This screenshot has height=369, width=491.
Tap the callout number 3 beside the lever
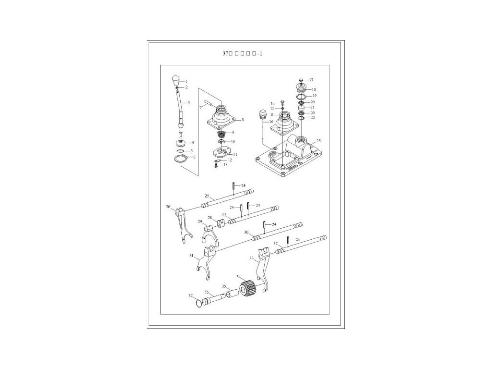[188, 103]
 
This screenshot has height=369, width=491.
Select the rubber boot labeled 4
[181, 143]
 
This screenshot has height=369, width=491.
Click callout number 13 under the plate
[226, 165]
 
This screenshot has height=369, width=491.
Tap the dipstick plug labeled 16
[262, 115]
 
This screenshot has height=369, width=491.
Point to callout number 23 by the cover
[318, 141]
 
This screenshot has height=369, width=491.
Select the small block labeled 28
[221, 222]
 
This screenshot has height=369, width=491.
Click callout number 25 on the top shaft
[207, 196]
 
